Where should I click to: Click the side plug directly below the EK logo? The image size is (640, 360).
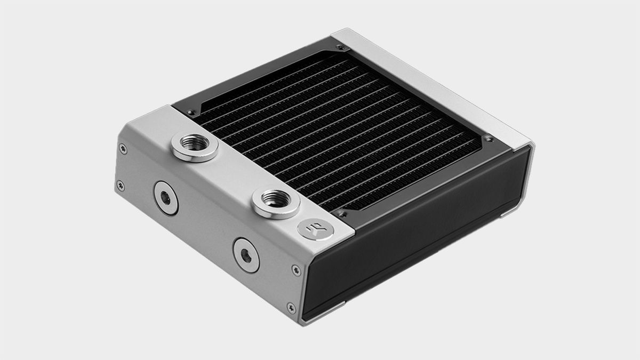(245, 255)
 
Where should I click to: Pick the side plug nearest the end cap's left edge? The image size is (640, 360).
(165, 197)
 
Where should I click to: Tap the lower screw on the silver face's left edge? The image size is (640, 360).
(120, 185)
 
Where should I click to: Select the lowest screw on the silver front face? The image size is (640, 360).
(291, 308)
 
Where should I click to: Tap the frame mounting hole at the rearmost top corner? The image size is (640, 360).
(340, 49)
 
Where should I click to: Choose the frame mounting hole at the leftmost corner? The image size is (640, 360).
(190, 113)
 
